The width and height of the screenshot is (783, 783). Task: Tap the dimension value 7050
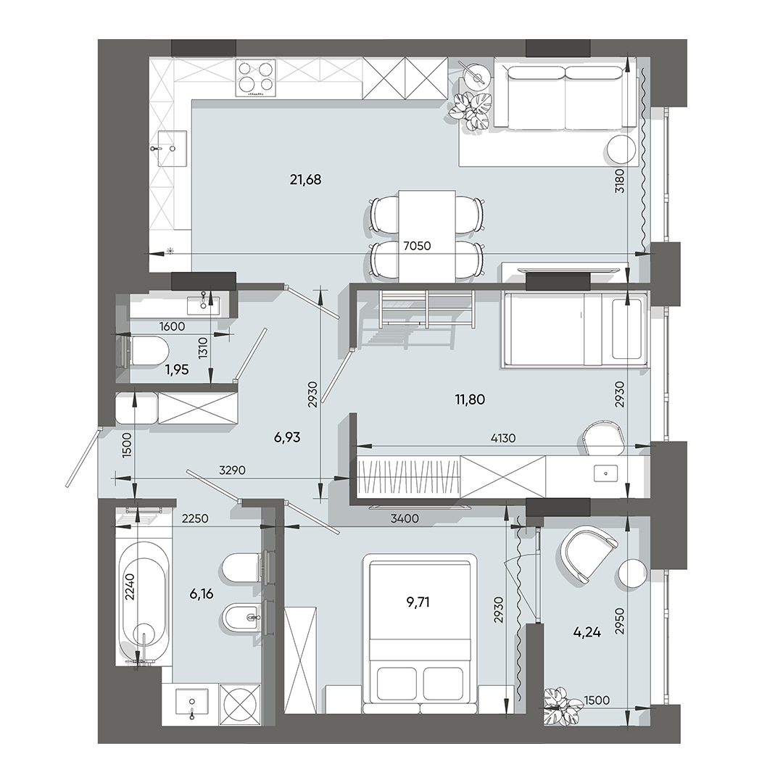pos(416,246)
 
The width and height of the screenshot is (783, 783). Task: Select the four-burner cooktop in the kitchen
pos(257,77)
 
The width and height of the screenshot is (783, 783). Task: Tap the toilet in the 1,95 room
pos(145,352)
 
